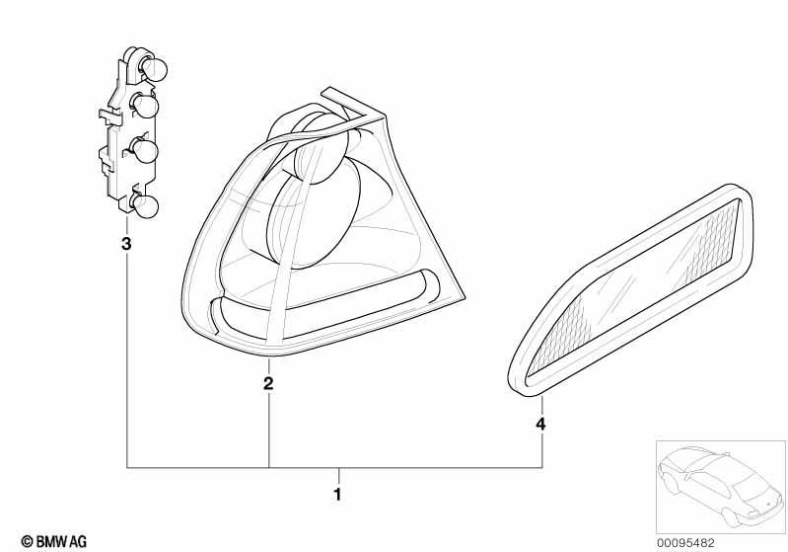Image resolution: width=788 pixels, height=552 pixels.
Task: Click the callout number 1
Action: (337, 495)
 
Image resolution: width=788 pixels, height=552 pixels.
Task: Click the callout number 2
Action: (269, 383)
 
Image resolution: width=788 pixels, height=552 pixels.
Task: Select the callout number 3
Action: (126, 244)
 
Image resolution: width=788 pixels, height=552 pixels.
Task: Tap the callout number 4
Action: (540, 425)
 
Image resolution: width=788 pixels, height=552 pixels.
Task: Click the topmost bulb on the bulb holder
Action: (154, 70)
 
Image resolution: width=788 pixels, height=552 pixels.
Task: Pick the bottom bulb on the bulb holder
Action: (146, 206)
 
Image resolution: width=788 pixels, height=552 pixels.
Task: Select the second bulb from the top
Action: (146, 107)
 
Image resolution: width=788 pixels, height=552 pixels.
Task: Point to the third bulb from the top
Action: (145, 151)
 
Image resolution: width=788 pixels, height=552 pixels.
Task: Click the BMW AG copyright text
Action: (54, 541)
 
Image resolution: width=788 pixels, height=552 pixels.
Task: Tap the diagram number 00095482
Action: (685, 542)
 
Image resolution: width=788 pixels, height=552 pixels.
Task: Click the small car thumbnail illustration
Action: (720, 487)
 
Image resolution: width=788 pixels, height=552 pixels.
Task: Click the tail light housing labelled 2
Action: (322, 224)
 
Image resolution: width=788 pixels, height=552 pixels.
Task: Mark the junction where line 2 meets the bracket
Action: (269, 468)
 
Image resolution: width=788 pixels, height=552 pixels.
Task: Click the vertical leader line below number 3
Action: (126, 359)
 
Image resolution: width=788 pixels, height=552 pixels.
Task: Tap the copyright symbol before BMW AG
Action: (28, 542)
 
